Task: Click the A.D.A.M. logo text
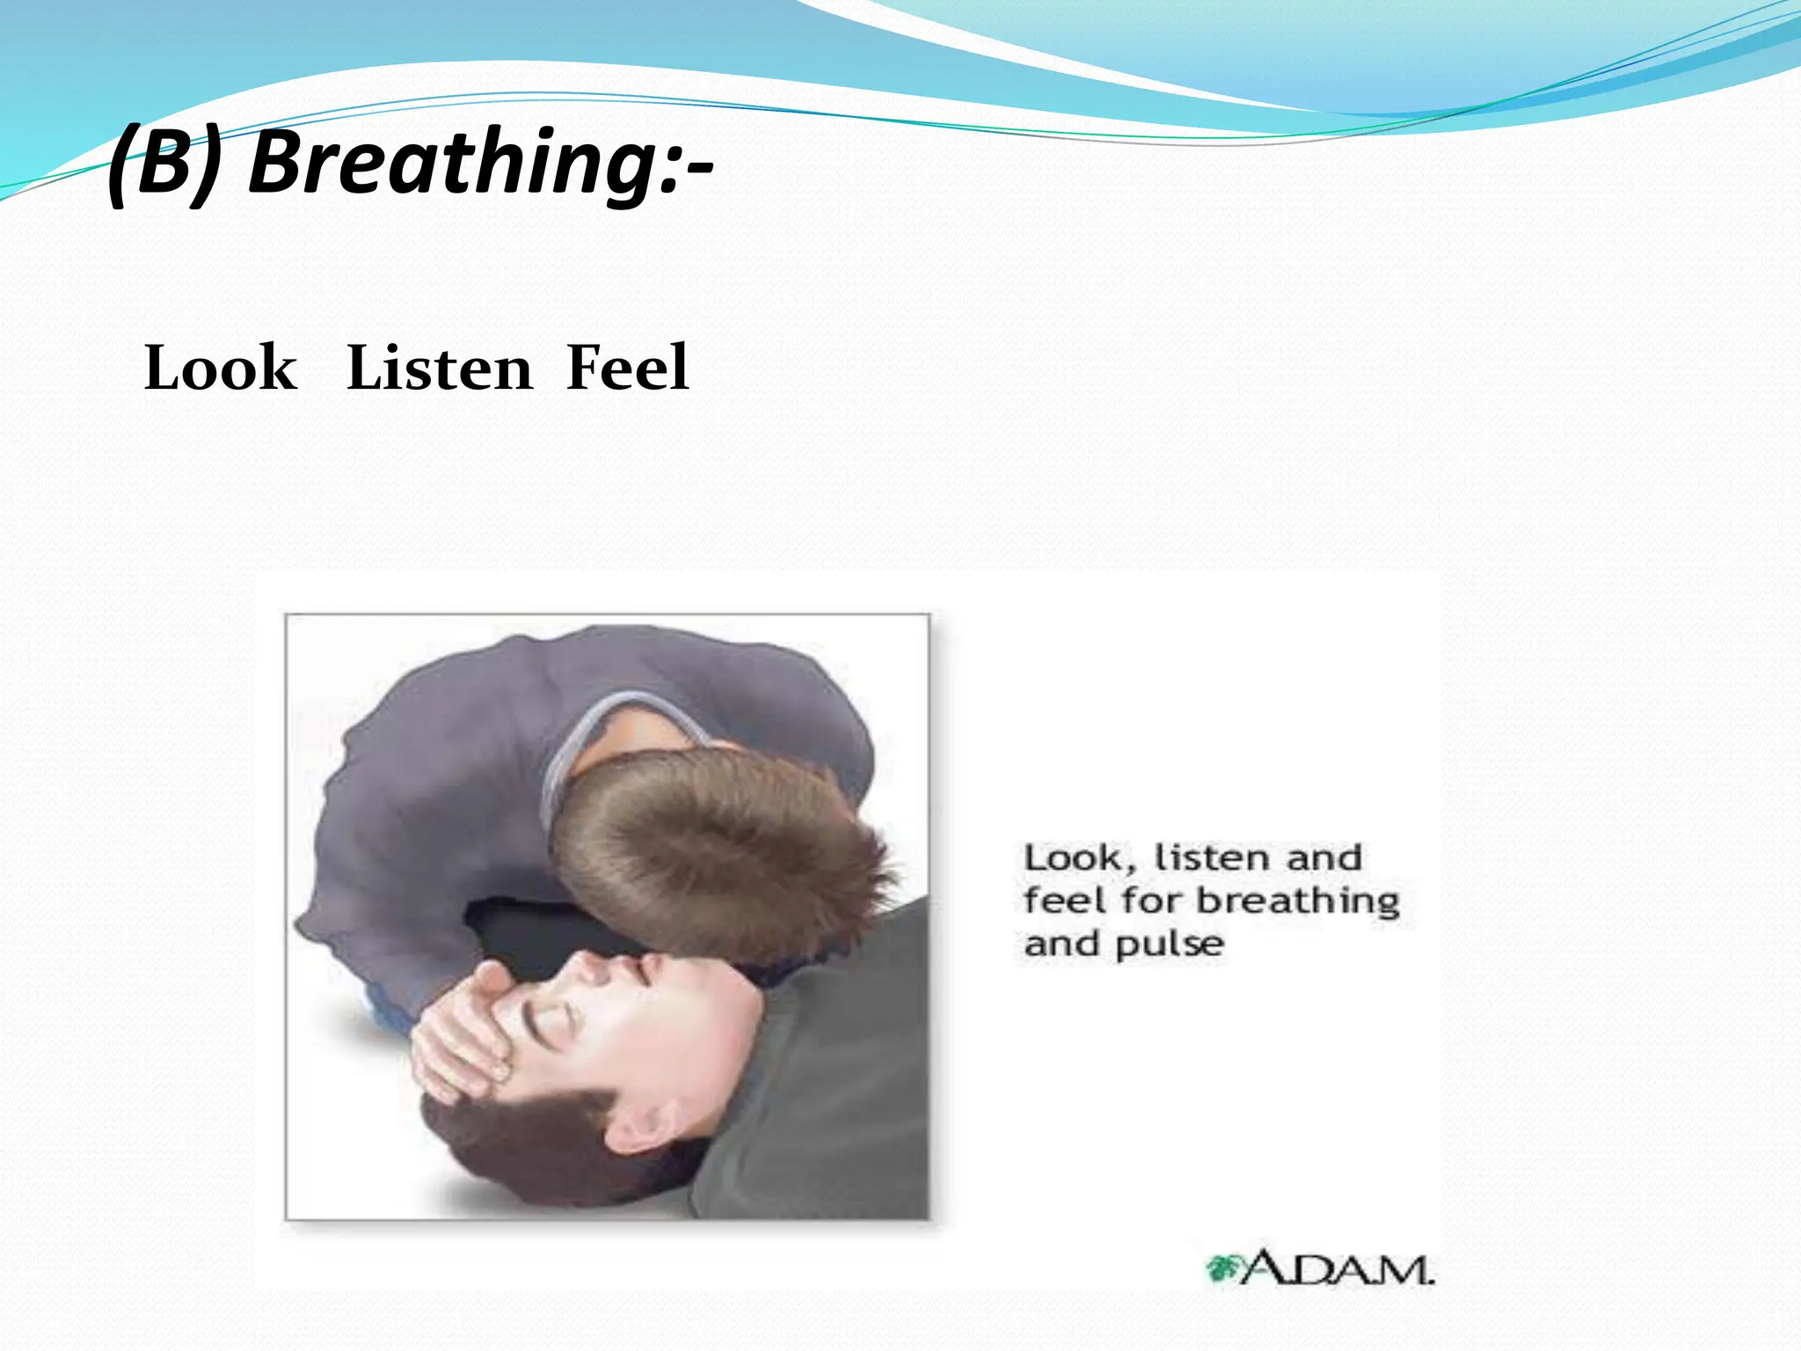[1337, 1268]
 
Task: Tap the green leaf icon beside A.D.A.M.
[1221, 1268]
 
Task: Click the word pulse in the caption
[1170, 945]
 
